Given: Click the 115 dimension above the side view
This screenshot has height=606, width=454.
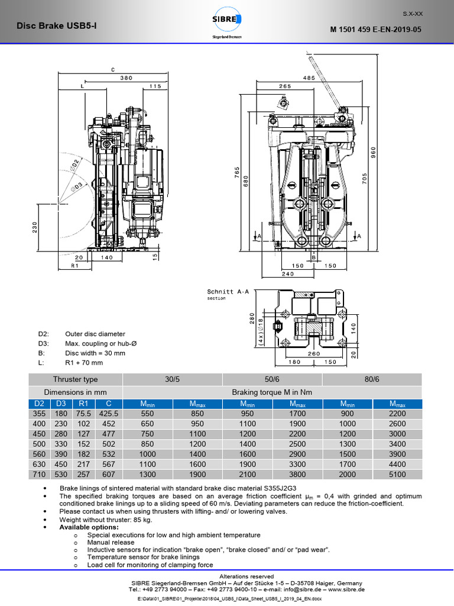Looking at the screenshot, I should pos(155,86).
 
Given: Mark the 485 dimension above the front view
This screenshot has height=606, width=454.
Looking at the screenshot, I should pos(307,78).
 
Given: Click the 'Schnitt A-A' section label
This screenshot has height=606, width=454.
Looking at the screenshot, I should pos(224,292).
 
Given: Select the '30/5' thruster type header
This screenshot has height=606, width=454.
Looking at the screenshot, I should pos(172,379).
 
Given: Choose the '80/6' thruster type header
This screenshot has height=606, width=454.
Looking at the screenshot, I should pos(372,379).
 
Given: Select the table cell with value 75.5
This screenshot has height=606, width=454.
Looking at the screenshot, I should pos(83,414).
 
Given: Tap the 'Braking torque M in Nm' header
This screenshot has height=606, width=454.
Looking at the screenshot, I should pos(273,392).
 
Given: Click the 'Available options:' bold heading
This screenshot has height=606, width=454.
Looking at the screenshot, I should pos(89,527).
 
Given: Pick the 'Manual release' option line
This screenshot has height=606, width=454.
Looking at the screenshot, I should pos(111,542).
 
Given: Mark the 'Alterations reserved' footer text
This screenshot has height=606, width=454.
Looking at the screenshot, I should pos(247,576).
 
